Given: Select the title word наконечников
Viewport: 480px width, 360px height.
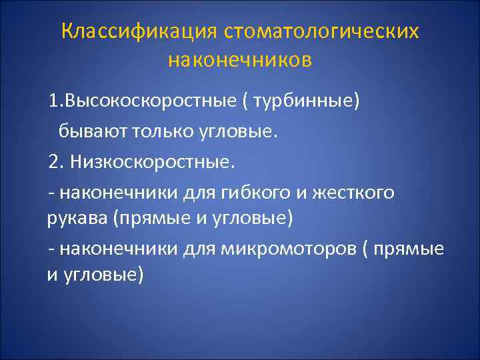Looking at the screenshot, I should coord(240,61).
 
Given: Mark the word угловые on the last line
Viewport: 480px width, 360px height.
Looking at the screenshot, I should coord(103,274).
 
